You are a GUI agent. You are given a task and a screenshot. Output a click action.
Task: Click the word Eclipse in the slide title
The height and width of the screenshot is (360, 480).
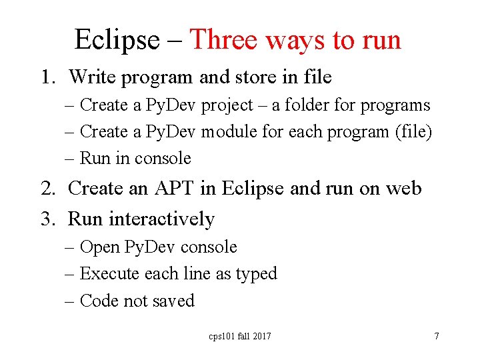tap(117, 40)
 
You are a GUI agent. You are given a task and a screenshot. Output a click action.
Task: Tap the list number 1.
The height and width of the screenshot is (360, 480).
tap(45, 77)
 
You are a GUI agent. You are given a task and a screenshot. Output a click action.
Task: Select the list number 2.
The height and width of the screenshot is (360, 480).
tap(46, 189)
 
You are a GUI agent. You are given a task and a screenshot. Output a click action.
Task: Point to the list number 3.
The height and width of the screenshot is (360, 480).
tap(46, 219)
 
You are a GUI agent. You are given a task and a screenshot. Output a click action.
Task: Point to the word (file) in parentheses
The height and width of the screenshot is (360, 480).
tap(413, 132)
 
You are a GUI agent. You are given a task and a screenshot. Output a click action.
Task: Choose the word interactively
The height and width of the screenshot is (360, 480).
tap(161, 219)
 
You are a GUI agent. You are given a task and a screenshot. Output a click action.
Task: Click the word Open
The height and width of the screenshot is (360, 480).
tap(99, 247)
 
